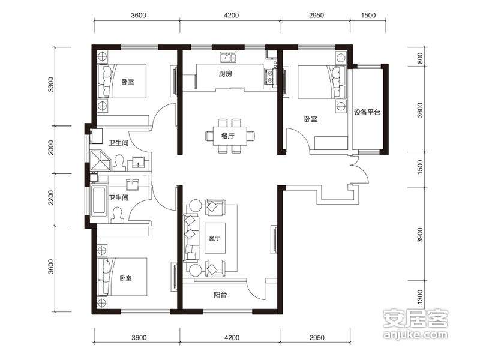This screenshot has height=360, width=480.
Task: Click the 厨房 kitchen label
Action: (x=226, y=73)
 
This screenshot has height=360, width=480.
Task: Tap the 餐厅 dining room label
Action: (x=228, y=136)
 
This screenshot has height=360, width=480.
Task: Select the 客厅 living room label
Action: (x=214, y=238)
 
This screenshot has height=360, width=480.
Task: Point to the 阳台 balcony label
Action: (x=220, y=295)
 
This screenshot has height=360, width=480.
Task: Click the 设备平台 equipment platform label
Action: (x=367, y=112)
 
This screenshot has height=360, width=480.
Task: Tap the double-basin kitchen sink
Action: (x=229, y=57)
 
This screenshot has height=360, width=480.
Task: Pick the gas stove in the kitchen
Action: (x=269, y=77)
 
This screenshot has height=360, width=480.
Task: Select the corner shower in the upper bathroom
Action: (x=100, y=160)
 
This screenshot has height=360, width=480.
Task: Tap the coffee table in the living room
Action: (x=215, y=238)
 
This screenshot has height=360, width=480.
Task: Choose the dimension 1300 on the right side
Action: (x=420, y=297)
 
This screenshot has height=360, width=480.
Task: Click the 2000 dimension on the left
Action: (x=51, y=148)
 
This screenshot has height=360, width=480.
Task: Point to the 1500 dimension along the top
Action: (x=368, y=15)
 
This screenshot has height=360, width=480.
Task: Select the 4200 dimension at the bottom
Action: (x=232, y=338)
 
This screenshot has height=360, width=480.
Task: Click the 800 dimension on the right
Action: (x=420, y=58)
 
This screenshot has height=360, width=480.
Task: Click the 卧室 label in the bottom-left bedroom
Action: (x=125, y=278)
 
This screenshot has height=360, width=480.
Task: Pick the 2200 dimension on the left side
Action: (x=51, y=197)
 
